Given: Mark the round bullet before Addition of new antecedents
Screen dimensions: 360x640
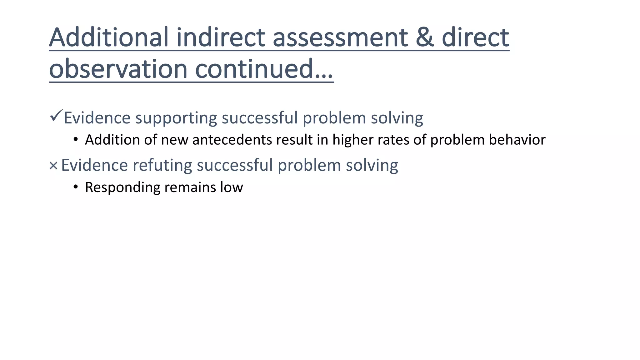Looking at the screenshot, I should [x=76, y=140].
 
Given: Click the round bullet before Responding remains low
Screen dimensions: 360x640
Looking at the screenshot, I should [x=76, y=187].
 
